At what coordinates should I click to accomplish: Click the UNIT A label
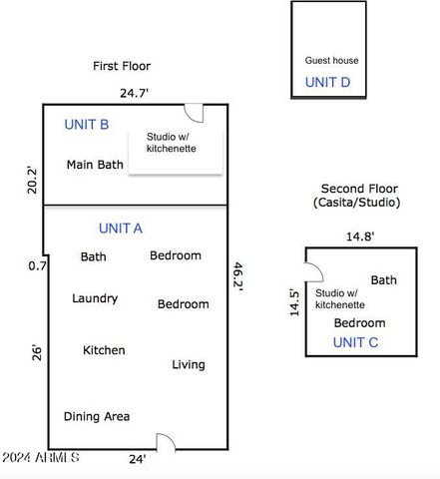tap(121, 229)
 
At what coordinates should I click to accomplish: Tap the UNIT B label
tap(86, 125)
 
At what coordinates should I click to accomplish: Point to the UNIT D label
tap(327, 82)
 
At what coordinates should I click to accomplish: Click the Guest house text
tap(331, 61)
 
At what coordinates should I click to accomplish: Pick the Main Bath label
tap(95, 165)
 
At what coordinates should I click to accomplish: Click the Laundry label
tap(95, 298)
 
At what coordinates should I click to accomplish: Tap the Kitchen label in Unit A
tap(104, 350)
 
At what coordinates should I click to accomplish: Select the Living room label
tap(188, 364)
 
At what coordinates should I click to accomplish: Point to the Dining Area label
tap(97, 417)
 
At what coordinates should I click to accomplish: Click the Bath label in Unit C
tap(383, 280)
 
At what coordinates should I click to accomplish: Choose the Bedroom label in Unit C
tap(359, 323)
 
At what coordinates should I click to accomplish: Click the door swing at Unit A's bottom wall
tap(166, 441)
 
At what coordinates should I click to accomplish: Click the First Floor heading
tap(122, 67)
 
